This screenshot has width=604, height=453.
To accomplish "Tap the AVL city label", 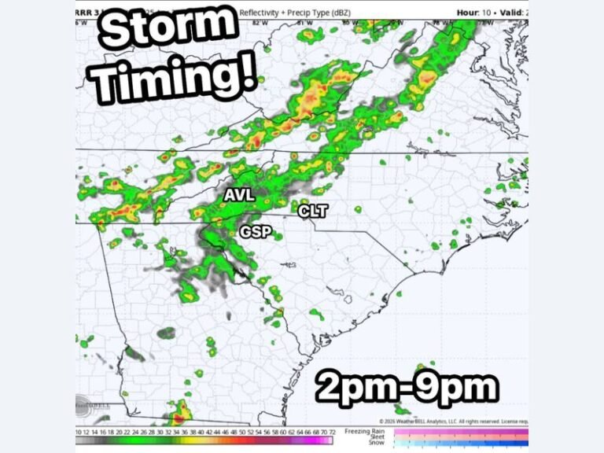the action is click(239, 194).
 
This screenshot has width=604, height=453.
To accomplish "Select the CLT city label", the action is click(312, 210).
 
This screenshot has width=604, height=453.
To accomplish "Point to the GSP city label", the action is click(256, 231).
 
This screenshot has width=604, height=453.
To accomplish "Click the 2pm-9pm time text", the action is click(407, 388).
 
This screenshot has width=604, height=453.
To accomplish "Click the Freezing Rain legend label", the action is click(365, 432).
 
